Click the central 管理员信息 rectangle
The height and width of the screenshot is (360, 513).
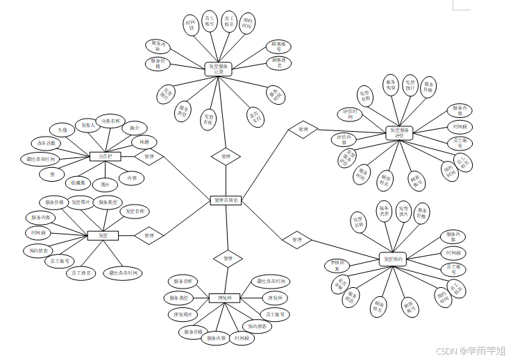(226, 200)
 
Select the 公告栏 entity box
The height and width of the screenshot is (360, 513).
(106, 157)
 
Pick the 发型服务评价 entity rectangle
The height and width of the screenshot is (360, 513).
(400, 132)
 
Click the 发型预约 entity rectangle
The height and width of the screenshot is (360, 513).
(393, 259)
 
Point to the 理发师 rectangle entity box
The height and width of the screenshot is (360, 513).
(224, 298)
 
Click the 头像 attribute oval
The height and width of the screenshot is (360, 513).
(62, 130)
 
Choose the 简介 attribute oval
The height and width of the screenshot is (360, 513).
(135, 128)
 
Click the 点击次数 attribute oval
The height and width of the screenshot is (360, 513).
(47, 143)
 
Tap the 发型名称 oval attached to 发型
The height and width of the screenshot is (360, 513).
(136, 210)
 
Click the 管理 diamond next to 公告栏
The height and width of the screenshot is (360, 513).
(149, 157)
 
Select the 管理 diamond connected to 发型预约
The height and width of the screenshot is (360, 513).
(297, 240)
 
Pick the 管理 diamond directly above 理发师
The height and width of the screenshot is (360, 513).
(227, 258)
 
